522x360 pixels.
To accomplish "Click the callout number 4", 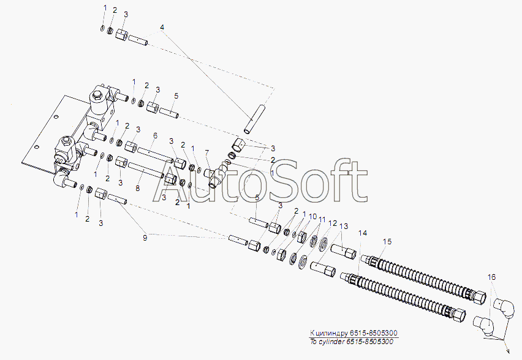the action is coord(162,27).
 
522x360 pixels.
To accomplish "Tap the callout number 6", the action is coord(155,136).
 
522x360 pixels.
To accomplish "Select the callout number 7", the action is coord(207,152).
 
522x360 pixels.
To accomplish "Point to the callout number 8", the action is coord(138,189).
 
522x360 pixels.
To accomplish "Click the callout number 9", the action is coord(145,238).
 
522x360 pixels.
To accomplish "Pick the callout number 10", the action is coord(312,217).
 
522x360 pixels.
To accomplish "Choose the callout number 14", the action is coord(363,233).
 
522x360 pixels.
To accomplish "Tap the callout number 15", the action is coord(387,242).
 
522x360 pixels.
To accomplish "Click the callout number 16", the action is coord(492,277).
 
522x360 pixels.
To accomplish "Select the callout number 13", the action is coord(344,227).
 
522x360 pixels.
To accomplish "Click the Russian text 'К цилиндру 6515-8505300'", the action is coord(354,332).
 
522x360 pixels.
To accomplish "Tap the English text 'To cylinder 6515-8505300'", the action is coord(352,342).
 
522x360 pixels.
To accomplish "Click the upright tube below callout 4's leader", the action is coord(255,119).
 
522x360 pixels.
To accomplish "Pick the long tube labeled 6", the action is coord(155,155).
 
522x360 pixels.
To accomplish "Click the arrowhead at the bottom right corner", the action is coord(507,350).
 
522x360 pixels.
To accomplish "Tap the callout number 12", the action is coord(333,223).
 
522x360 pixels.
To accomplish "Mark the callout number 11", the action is coord(322,220).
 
